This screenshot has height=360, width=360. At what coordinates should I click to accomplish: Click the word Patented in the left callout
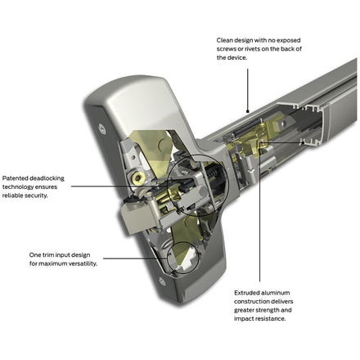click(x=15, y=178)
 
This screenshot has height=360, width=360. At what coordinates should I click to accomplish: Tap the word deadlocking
click(x=47, y=178)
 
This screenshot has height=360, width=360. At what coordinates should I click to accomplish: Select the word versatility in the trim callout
click(x=83, y=263)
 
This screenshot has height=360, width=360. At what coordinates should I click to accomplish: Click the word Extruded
click(x=246, y=293)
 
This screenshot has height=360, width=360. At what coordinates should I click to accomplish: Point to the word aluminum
click(x=276, y=293)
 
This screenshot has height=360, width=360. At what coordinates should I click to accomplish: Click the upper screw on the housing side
click(x=102, y=128)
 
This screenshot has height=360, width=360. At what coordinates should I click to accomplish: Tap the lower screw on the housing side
click(x=162, y=281)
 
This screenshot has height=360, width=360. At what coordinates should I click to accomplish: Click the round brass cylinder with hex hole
click(x=138, y=178)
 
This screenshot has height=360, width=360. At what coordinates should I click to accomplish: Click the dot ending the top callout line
click(x=248, y=111)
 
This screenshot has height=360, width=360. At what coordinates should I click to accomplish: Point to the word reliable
click(x=12, y=196)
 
